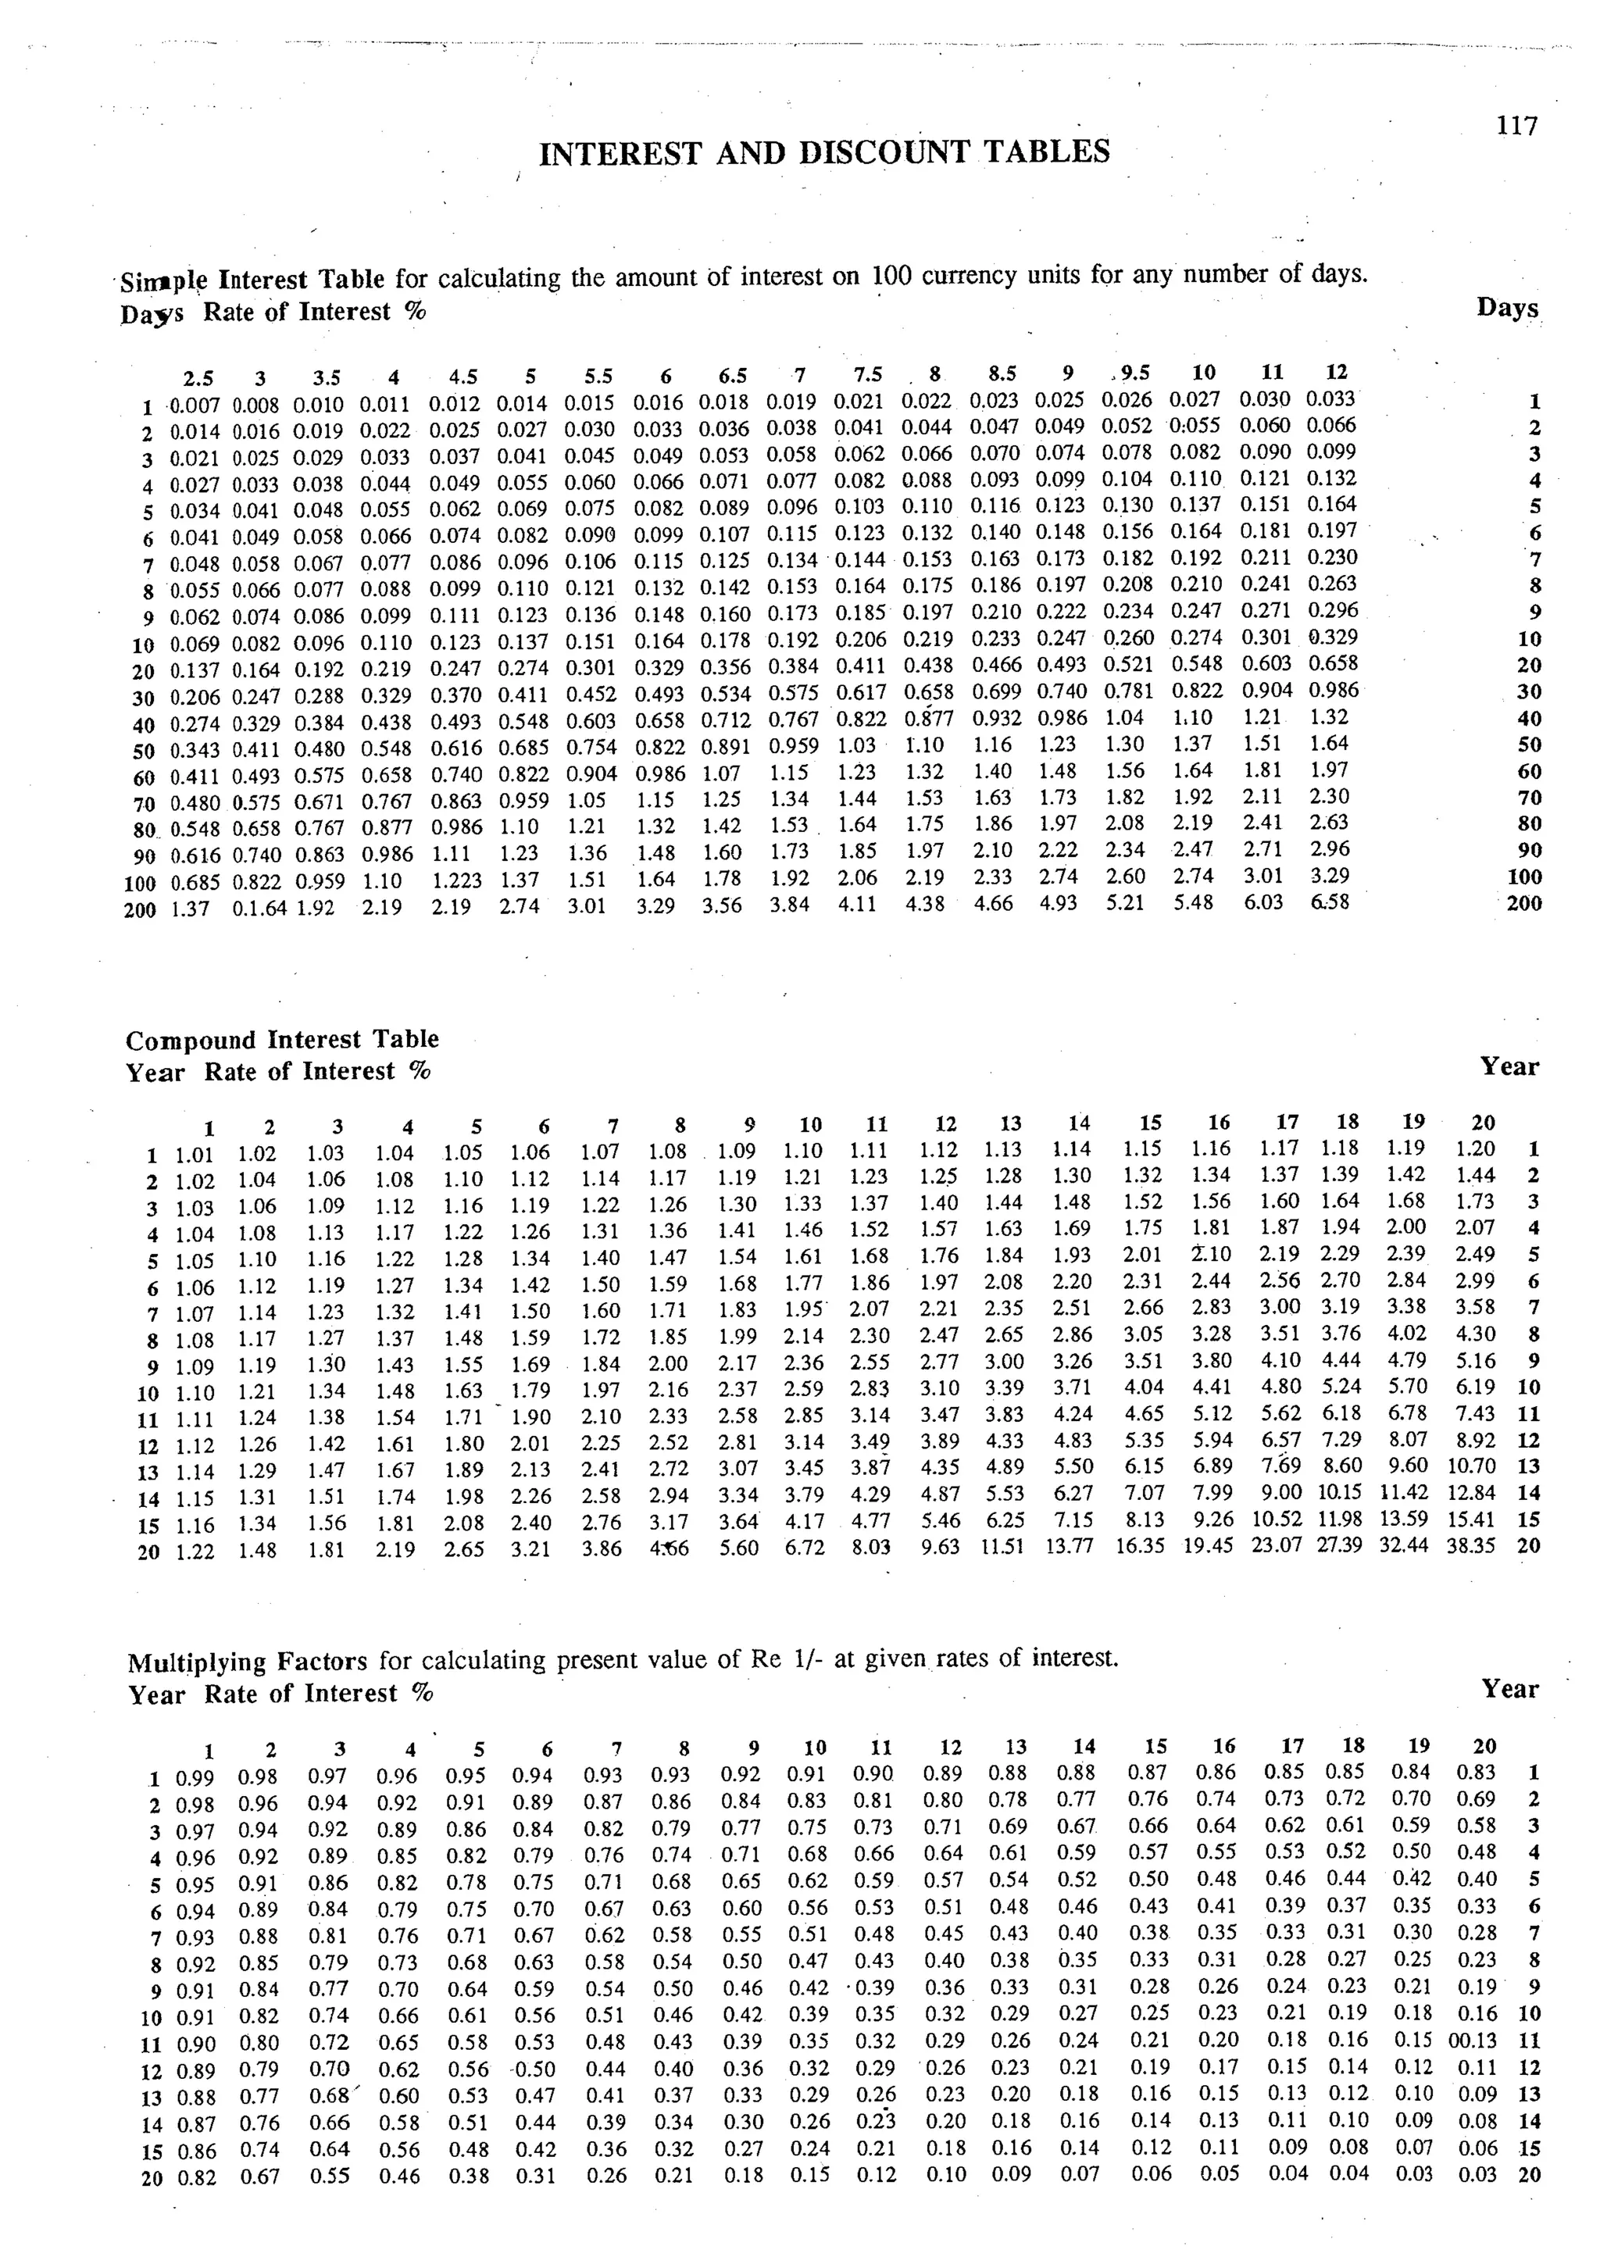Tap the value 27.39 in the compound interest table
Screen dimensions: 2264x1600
[x=1339, y=1545]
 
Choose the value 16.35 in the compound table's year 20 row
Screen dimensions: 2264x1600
[x=1141, y=1546]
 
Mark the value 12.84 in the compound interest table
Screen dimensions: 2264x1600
[x=1470, y=1493]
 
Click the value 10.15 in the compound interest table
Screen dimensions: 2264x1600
[x=1339, y=1492]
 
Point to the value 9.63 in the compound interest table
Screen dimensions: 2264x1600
[x=940, y=1547]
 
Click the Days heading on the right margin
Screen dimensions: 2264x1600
[x=1507, y=308]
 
